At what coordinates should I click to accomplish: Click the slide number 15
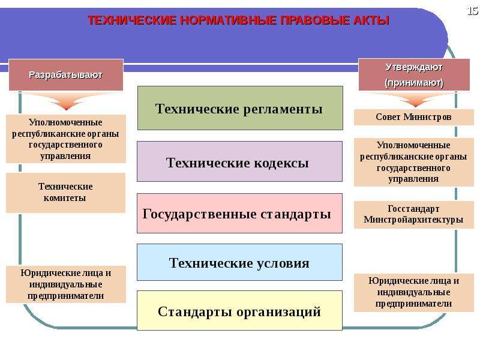[473, 11]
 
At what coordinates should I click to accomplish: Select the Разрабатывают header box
[66, 74]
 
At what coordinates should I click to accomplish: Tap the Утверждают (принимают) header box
[414, 74]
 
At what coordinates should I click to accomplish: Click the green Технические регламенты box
[240, 108]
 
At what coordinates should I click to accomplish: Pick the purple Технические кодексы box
[239, 161]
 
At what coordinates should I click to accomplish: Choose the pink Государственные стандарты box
[239, 213]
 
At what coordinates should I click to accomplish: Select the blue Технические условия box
[239, 262]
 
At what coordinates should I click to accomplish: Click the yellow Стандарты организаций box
[239, 310]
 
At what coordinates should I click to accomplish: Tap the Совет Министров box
[413, 117]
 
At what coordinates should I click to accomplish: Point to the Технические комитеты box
[65, 193]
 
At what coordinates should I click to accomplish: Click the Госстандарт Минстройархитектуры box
[413, 214]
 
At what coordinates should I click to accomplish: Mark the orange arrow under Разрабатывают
[66, 101]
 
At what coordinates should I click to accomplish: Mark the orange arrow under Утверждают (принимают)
[415, 100]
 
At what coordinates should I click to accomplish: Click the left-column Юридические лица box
[66, 284]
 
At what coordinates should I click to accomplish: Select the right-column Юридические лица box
[413, 292]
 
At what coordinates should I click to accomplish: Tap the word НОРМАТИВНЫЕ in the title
[229, 20]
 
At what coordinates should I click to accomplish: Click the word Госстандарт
[413, 209]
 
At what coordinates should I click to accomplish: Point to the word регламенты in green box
[283, 109]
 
